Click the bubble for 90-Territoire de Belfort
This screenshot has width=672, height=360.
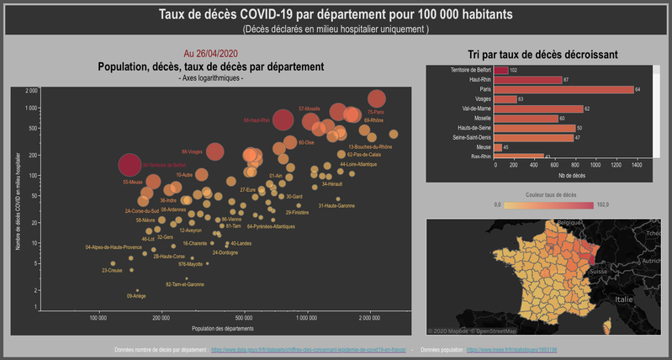(129, 166)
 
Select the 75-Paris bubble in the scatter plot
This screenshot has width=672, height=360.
(377, 98)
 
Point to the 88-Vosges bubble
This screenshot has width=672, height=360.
(214, 151)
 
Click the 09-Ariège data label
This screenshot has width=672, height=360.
(135, 296)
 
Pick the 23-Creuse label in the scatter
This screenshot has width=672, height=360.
(112, 271)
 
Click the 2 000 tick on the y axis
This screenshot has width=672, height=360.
(32, 90)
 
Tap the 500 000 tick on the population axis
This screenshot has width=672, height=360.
(244, 318)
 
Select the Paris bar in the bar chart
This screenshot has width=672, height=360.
(564, 89)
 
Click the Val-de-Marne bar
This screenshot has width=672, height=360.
(538, 109)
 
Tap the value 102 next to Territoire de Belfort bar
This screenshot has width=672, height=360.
(513, 70)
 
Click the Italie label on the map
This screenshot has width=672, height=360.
(623, 299)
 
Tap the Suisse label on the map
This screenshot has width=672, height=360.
(599, 273)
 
